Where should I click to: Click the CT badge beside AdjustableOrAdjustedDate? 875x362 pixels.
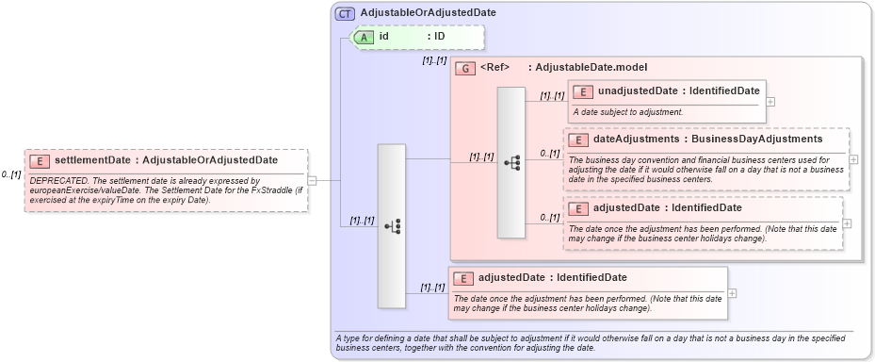tap(345, 12)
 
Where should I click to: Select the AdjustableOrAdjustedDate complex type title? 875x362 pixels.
tap(428, 12)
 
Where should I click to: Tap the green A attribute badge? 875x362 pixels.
tap(363, 37)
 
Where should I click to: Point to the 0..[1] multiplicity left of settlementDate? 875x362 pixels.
tap(11, 174)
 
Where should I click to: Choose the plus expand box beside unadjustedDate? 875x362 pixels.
tap(770, 101)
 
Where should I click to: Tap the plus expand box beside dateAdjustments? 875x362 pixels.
tap(854, 158)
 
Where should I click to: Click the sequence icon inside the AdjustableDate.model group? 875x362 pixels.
tap(511, 162)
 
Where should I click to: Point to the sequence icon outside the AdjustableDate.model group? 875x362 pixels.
tap(392, 225)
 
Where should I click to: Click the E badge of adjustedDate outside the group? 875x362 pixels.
tap(463, 278)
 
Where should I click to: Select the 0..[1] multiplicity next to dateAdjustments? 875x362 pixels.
tap(549, 153)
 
